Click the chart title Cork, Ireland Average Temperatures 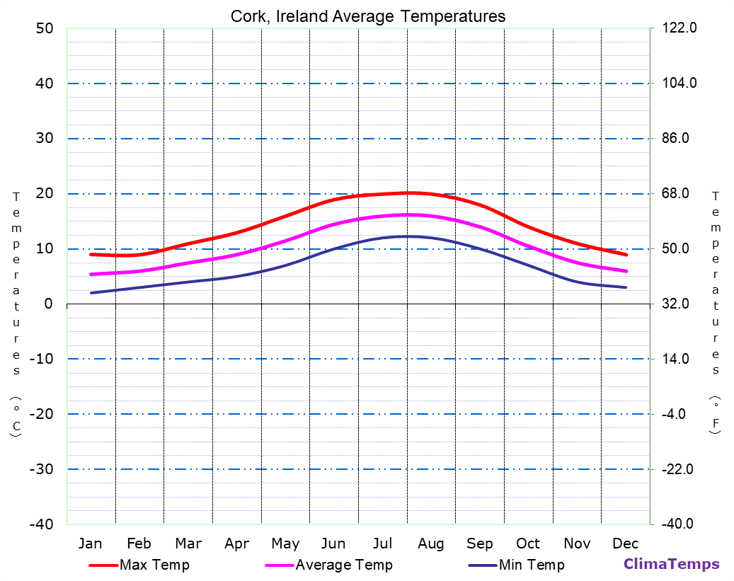tap(368, 16)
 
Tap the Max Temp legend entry tap(154, 565)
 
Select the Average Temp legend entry tap(343, 565)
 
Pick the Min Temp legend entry tap(531, 565)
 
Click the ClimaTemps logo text tap(671, 565)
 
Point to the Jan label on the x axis tap(90, 543)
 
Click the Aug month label tap(430, 543)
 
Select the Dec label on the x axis tap(625, 543)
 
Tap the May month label tap(285, 543)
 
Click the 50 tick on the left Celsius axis tap(45, 28)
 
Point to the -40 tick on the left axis tap(40, 524)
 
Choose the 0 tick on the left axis tap(48, 304)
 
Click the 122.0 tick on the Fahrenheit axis tap(679, 28)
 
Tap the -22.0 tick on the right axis tap(679, 469)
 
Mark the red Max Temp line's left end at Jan tap(91, 254)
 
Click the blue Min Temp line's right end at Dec tap(626, 287)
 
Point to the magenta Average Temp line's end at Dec tap(626, 271)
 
